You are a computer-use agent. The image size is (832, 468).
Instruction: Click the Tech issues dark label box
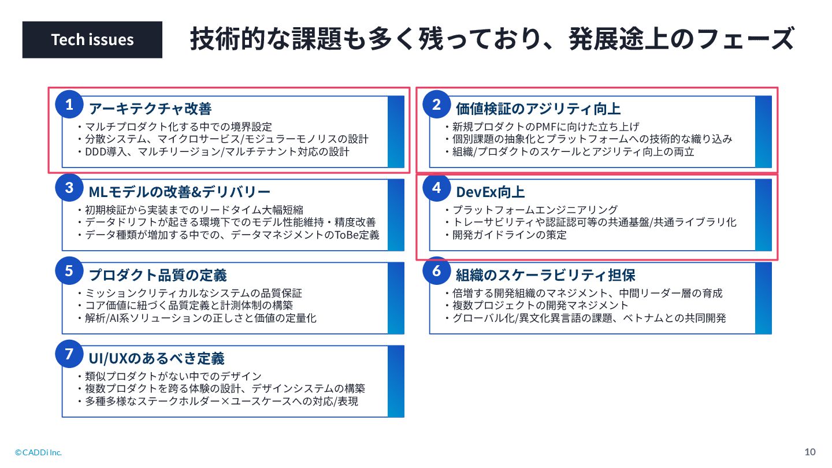point(92,40)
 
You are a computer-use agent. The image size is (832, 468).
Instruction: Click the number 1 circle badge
point(69,105)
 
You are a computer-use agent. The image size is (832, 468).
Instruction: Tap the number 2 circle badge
point(437,105)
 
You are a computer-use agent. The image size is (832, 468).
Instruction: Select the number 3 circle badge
point(69,188)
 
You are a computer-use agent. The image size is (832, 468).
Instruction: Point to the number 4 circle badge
point(437,188)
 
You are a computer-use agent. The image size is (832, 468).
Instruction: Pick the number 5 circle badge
point(69,271)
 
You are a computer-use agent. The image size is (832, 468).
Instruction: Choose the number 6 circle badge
point(437,271)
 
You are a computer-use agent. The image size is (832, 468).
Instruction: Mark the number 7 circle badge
point(69,354)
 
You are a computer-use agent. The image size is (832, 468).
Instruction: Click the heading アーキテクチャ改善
point(150,109)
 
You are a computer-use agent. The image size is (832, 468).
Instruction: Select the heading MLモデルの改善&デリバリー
point(179,192)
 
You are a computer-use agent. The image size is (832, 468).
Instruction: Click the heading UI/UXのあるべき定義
point(156,358)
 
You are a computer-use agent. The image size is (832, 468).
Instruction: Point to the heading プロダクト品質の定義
point(157,275)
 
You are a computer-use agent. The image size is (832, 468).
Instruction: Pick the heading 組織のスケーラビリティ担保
point(545,275)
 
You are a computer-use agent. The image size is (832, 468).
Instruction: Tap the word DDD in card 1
point(96,152)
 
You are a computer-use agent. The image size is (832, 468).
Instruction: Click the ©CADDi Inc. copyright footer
point(38,452)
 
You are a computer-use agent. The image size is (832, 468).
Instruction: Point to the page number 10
point(810,452)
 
